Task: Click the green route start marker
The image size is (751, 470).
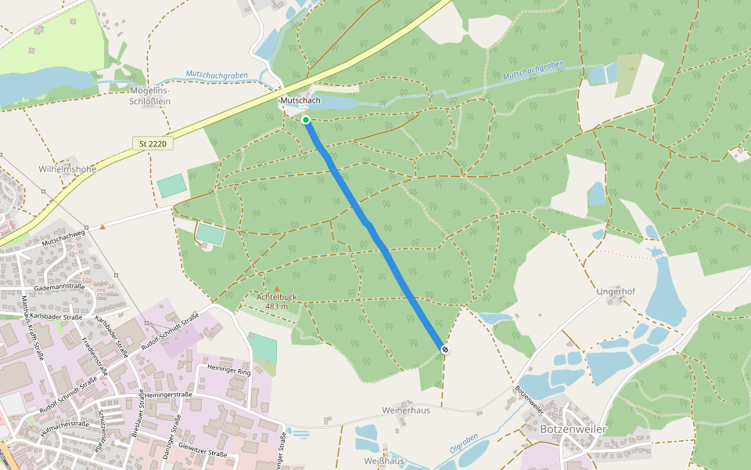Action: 306,120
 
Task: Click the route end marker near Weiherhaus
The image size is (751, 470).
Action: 445,349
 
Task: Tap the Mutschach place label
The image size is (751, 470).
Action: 300,102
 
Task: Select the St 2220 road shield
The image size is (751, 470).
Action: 153,143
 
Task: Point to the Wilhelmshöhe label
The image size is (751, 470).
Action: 67,168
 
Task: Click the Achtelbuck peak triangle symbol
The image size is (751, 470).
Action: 276,288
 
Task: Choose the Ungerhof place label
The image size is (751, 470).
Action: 615,292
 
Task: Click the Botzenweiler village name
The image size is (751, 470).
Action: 573,429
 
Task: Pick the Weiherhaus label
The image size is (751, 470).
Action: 406,410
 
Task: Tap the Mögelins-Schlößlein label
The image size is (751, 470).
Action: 149,95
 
